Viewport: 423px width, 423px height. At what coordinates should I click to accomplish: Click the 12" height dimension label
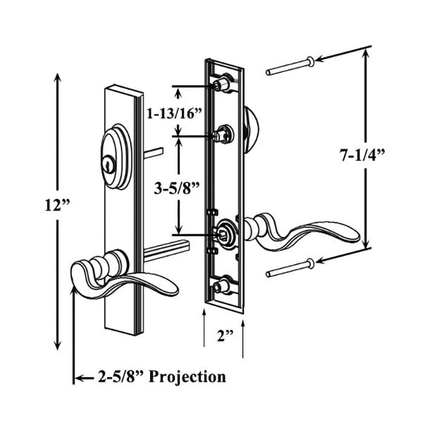coord(57,204)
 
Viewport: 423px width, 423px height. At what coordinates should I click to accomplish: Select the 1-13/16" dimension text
coord(174,112)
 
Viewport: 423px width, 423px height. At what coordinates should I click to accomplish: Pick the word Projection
coord(187,377)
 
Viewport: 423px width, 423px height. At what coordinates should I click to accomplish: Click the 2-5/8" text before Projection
coord(120,377)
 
